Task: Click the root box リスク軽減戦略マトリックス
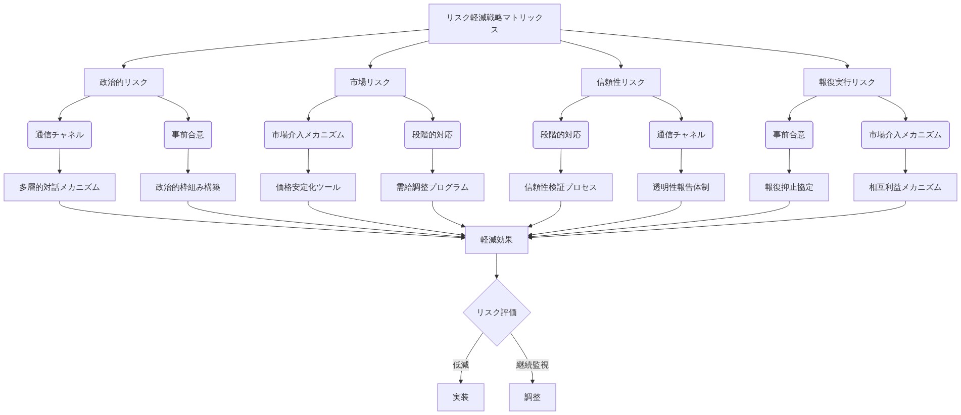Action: [494, 24]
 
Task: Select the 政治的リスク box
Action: [123, 82]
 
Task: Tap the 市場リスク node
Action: [370, 82]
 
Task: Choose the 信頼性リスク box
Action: [620, 82]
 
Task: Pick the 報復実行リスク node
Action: [847, 82]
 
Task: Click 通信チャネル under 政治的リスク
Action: [60, 135]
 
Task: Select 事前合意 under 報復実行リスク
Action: [789, 135]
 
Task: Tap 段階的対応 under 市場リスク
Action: [432, 135]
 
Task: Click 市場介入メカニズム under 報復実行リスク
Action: [905, 135]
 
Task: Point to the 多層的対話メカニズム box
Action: [60, 187]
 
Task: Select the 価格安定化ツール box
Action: [308, 187]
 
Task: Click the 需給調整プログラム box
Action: [432, 187]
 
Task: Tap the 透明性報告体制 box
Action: [681, 187]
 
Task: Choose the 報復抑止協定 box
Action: [789, 187]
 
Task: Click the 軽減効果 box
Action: [496, 240]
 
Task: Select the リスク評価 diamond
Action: [496, 313]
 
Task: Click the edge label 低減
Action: [460, 365]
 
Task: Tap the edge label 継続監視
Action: [532, 365]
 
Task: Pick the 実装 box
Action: [460, 397]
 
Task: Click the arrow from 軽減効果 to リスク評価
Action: [496, 266]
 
